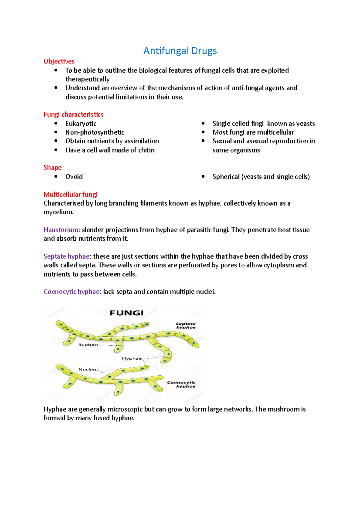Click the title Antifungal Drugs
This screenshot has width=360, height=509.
pyautogui.click(x=180, y=51)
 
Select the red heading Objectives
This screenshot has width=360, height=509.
pyautogui.click(x=59, y=61)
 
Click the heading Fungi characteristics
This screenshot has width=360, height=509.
pyautogui.click(x=73, y=115)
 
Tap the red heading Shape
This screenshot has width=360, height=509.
pyautogui.click(x=52, y=168)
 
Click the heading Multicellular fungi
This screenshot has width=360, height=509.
pyautogui.click(x=70, y=195)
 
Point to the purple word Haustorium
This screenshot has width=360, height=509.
pyautogui.click(x=61, y=230)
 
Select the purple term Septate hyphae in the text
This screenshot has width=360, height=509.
pyautogui.click(x=67, y=256)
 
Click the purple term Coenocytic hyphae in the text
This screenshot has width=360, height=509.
pyautogui.click(x=71, y=292)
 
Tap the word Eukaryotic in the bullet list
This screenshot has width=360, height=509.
pyautogui.click(x=81, y=124)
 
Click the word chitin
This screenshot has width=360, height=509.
pyautogui.click(x=146, y=150)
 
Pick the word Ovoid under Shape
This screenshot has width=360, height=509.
pyautogui.click(x=74, y=177)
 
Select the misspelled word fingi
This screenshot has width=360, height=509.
pyautogui.click(x=257, y=124)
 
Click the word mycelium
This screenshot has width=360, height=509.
pyautogui.click(x=58, y=212)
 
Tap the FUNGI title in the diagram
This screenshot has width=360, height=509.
pyautogui.click(x=126, y=313)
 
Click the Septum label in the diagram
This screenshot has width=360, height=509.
pyautogui.click(x=88, y=345)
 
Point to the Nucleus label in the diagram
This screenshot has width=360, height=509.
pyautogui.click(x=88, y=370)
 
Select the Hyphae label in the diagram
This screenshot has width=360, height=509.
pyautogui.click(x=131, y=359)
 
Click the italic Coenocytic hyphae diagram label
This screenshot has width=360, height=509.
pyautogui.click(x=182, y=384)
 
